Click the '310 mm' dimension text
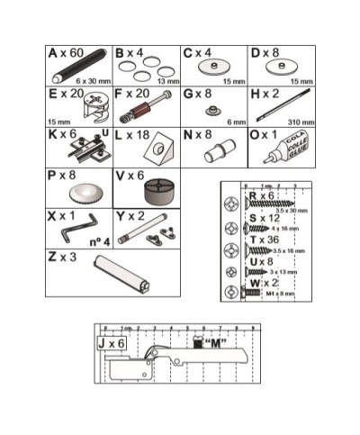pyautogui.click(x=299, y=122)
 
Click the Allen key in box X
pyautogui.click(x=69, y=233)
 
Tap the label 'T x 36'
pyautogui.click(x=264, y=240)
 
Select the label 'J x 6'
pyautogui.click(x=113, y=343)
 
